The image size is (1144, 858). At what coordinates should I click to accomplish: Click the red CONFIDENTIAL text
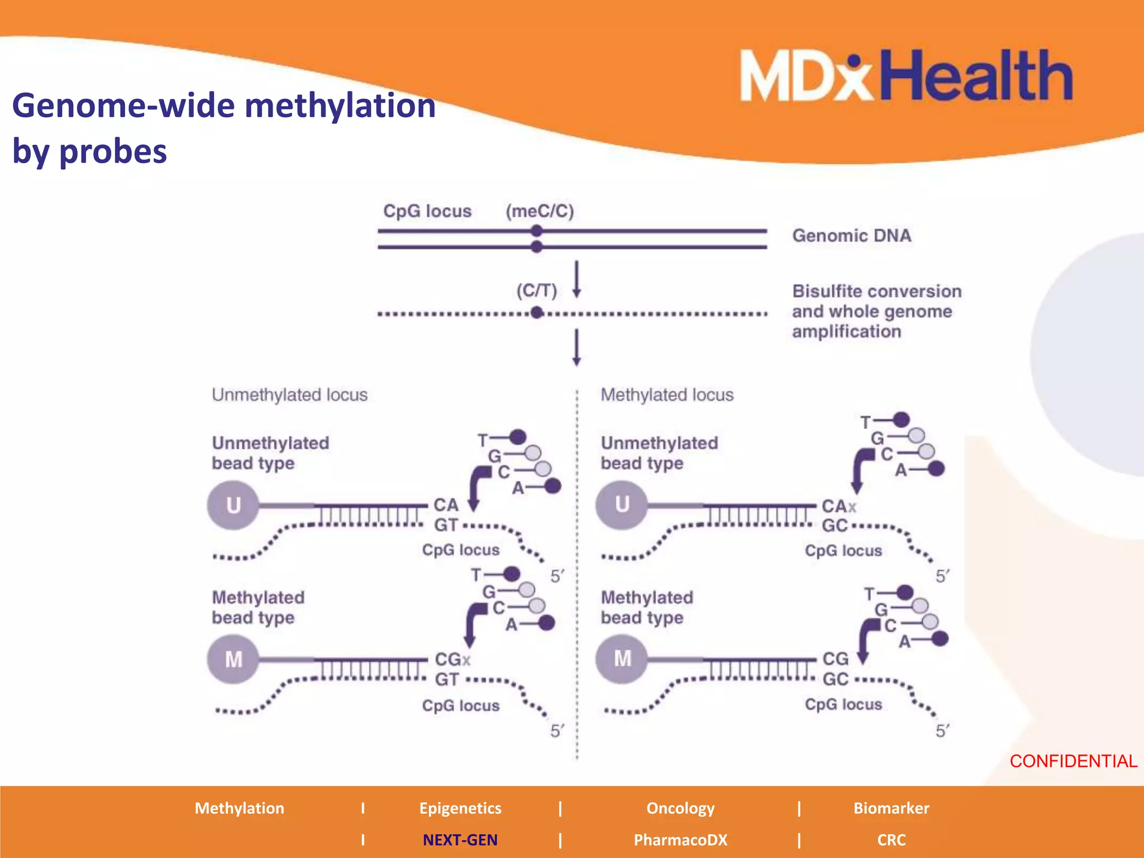click(x=1073, y=761)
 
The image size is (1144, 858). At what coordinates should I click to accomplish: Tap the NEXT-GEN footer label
click(x=460, y=840)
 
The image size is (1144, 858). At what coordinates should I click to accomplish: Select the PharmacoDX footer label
click(x=680, y=840)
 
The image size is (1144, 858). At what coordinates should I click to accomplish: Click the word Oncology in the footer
click(x=680, y=808)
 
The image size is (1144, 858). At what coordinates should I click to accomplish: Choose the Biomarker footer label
click(x=891, y=808)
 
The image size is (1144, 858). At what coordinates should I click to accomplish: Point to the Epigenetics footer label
click(x=460, y=808)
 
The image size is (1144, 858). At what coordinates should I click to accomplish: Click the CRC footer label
click(x=891, y=840)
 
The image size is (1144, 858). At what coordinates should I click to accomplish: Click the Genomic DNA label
click(x=852, y=236)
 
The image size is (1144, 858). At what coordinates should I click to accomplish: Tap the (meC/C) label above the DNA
click(x=540, y=211)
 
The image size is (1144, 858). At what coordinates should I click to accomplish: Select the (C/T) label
click(x=536, y=290)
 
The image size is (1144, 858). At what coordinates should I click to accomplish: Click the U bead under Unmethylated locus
click(x=233, y=505)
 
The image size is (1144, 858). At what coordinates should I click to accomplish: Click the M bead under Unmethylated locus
click(x=233, y=659)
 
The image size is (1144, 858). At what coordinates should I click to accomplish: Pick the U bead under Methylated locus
click(x=622, y=504)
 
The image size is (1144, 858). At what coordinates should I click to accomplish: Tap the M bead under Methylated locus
click(x=622, y=659)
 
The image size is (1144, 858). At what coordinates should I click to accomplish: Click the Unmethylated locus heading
click(x=289, y=395)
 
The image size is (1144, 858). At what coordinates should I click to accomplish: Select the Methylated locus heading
click(x=667, y=395)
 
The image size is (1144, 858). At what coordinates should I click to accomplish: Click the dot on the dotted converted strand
click(x=537, y=313)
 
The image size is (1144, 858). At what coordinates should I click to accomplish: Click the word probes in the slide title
click(x=113, y=151)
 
